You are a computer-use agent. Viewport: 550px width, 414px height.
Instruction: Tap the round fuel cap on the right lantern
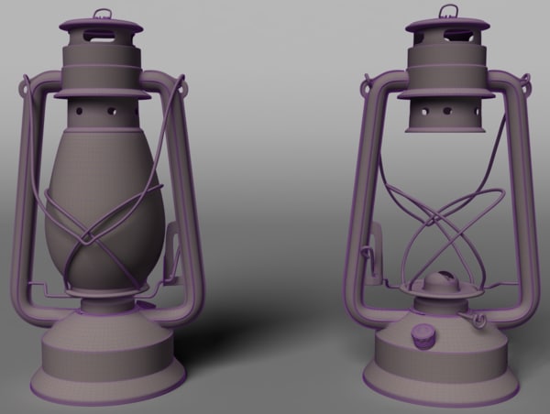423,336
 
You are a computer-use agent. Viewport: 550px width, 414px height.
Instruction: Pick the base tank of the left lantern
108,353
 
